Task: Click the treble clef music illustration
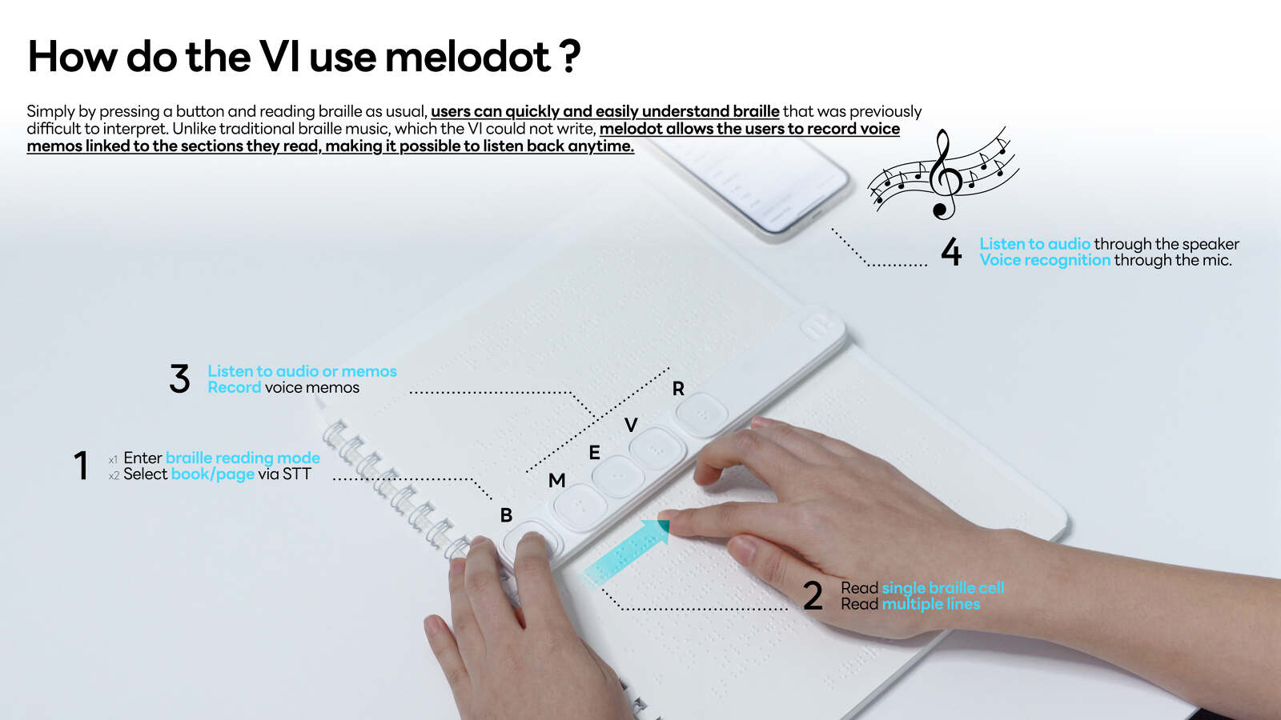[x=943, y=174]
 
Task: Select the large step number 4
[x=951, y=252]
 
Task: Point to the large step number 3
[x=180, y=379]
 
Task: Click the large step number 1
[x=81, y=466]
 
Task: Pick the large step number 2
[x=813, y=596]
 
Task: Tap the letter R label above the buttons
[x=678, y=389]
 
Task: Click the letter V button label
[x=631, y=425]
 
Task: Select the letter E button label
[x=594, y=453]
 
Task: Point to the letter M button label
[x=556, y=481]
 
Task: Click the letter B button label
[x=506, y=515]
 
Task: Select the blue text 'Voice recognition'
[x=1045, y=260]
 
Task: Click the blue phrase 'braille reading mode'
[x=243, y=458]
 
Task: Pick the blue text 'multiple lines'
[x=930, y=604]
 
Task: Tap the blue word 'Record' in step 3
[x=234, y=387]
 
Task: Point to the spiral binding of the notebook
[x=392, y=488]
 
